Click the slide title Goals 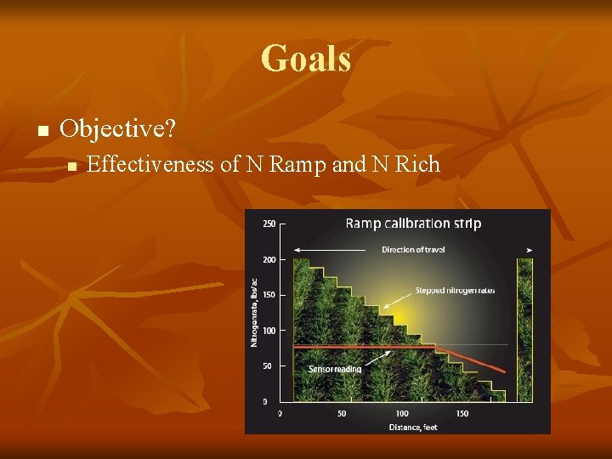306,59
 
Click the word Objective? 118,129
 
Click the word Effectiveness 150,164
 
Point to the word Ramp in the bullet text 298,164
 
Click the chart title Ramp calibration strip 413,224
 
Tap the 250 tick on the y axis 268,224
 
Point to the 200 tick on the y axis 268,260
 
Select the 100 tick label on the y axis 268,331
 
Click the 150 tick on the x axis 462,414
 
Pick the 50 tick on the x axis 341,414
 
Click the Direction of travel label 413,250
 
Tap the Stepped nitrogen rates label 455,291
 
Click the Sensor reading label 335,369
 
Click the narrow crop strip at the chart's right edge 525,331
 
